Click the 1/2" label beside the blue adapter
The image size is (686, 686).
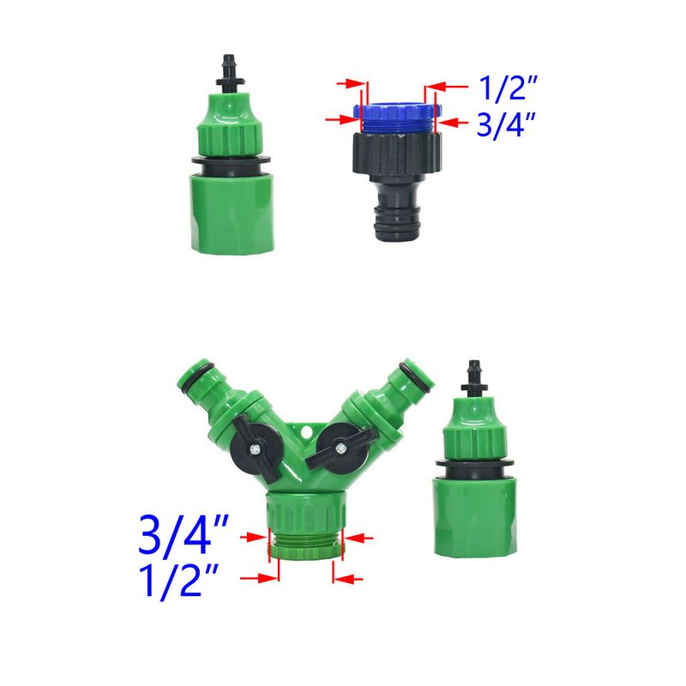[508, 88]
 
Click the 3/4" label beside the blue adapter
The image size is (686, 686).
[506, 125]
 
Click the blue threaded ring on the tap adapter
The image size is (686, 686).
[397, 117]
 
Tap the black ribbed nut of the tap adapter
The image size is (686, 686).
[397, 153]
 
